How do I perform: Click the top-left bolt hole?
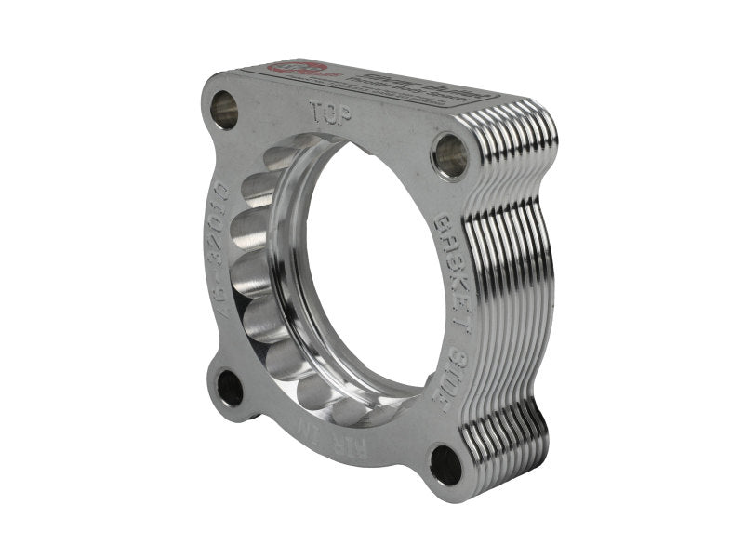tap(223, 110)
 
